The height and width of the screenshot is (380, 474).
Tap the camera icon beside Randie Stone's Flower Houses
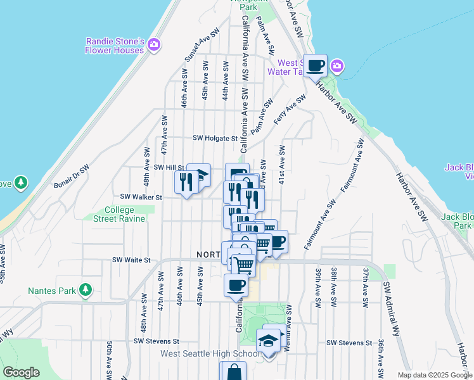click(x=155, y=45)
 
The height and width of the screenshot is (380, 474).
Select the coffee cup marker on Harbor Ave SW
click(x=315, y=65)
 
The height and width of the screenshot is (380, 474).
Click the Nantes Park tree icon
click(x=85, y=291)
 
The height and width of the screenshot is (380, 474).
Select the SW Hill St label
click(x=169, y=167)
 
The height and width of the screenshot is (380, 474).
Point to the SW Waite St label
click(x=131, y=260)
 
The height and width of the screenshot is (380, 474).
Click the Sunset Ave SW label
click(x=201, y=44)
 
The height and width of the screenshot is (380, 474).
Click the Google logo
click(x=21, y=372)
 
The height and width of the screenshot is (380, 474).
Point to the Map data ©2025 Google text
click(x=435, y=375)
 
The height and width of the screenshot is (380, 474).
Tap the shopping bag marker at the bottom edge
click(x=233, y=372)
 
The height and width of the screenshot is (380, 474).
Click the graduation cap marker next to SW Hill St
click(x=198, y=175)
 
